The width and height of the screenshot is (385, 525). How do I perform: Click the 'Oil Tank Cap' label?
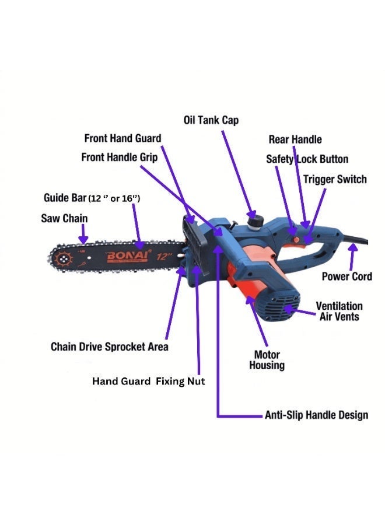[211, 120]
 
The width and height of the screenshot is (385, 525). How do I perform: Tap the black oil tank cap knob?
[256, 222]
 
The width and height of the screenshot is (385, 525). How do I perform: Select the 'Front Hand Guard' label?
[123, 138]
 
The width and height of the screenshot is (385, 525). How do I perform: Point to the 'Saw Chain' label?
[64, 218]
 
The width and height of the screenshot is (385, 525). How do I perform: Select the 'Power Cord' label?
[347, 276]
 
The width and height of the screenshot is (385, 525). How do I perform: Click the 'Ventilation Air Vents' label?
[339, 311]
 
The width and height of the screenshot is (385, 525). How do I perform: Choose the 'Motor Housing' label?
[267, 360]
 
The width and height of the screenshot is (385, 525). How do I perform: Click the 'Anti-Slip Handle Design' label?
[316, 415]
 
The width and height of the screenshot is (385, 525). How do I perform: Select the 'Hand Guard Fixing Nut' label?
[148, 381]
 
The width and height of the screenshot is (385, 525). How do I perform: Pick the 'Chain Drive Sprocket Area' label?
[110, 346]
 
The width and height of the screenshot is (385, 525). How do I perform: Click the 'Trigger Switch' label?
[335, 179]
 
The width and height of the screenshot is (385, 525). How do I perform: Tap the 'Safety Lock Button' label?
[307, 159]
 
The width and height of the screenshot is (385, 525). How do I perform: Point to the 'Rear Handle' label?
[295, 139]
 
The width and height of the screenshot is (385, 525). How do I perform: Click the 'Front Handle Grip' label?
[119, 157]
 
